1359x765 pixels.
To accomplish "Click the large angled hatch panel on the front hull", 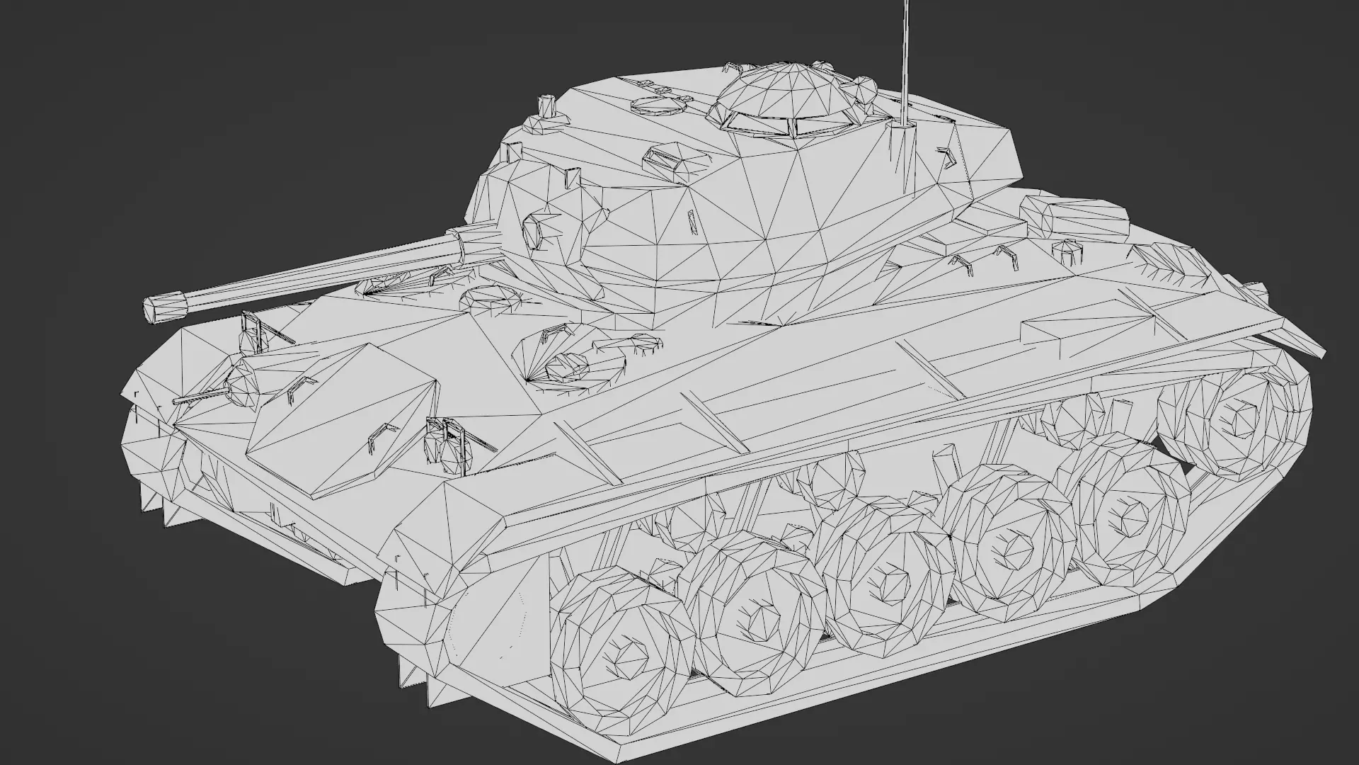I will point(343,418).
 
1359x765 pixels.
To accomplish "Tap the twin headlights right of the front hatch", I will point(445,448).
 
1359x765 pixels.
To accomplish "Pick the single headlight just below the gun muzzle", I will point(249,339).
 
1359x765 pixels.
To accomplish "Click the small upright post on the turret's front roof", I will point(546,105).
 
